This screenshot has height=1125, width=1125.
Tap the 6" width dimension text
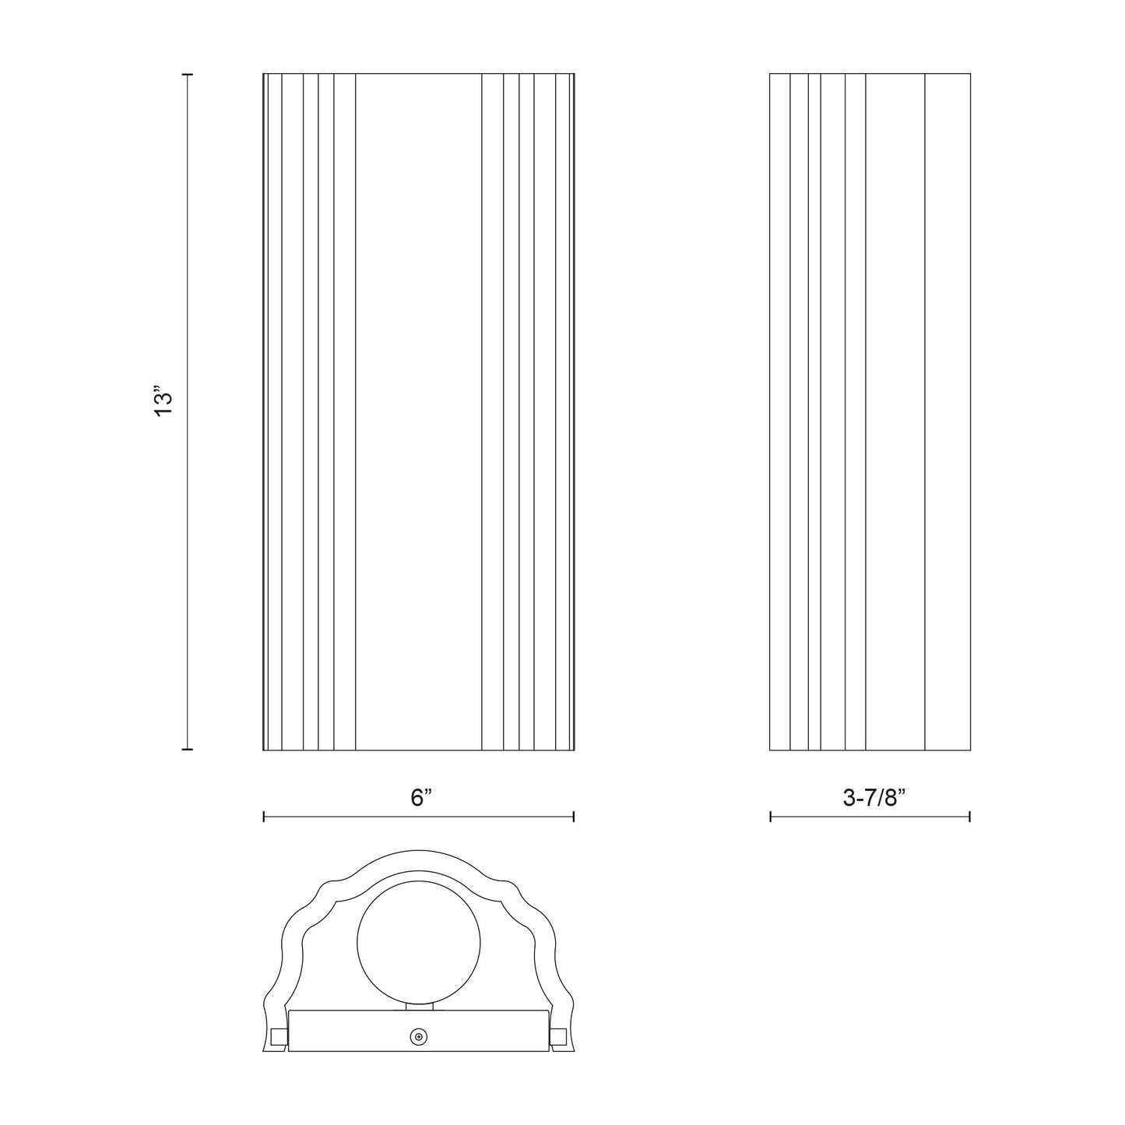pos(421,798)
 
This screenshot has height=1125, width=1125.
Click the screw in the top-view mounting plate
pos(419,1036)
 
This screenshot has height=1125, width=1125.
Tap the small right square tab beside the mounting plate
pos(558,1036)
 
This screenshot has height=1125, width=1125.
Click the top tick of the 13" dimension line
pos(187,75)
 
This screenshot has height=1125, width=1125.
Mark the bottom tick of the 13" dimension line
pos(187,749)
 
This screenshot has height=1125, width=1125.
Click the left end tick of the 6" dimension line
pos(265,817)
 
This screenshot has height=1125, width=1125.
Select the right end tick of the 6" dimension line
pos(574,817)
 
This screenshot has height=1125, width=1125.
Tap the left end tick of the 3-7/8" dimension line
pos(771,817)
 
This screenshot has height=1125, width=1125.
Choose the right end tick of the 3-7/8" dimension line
pos(969,817)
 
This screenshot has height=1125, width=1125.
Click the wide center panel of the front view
pos(418,413)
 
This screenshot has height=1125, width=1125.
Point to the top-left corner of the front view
pos(264,75)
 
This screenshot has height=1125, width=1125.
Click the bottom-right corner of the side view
pos(970,750)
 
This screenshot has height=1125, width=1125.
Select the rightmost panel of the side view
pos(947,413)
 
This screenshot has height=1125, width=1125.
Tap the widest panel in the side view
pos(895,413)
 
